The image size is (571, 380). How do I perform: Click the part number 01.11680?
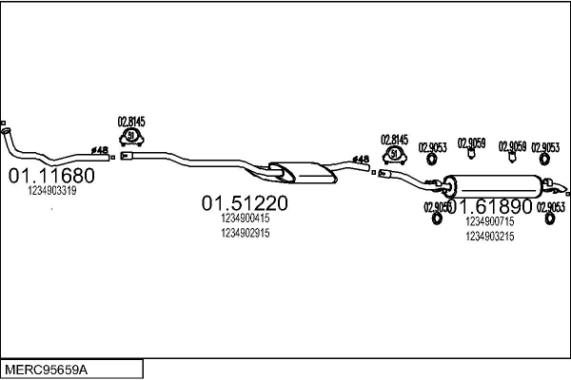point(51,177)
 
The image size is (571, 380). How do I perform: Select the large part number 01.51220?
point(245,202)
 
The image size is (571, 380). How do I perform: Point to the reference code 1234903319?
point(52,191)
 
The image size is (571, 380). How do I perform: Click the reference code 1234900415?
point(245,218)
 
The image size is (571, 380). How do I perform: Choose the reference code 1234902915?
point(245,233)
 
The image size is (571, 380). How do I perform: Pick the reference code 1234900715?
point(490,221)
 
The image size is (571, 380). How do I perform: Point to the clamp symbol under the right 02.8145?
point(394,155)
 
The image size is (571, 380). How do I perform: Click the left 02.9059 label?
point(472,143)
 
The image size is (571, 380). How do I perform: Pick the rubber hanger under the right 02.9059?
point(515,161)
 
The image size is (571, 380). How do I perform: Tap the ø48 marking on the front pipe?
point(99,149)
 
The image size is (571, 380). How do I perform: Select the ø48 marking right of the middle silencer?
point(361,160)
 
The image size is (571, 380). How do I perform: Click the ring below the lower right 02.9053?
point(550,220)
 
